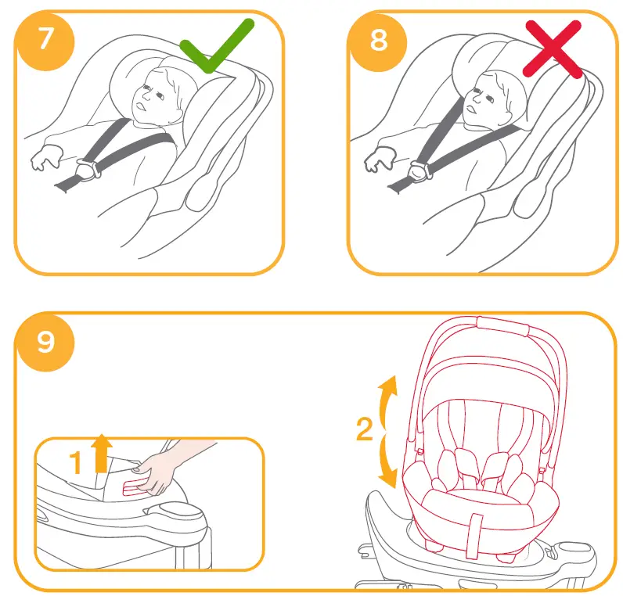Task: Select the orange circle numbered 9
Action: (46, 342)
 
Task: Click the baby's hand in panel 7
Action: (43, 160)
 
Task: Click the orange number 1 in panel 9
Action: (77, 464)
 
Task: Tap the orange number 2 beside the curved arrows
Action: (364, 430)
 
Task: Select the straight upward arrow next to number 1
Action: (101, 454)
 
